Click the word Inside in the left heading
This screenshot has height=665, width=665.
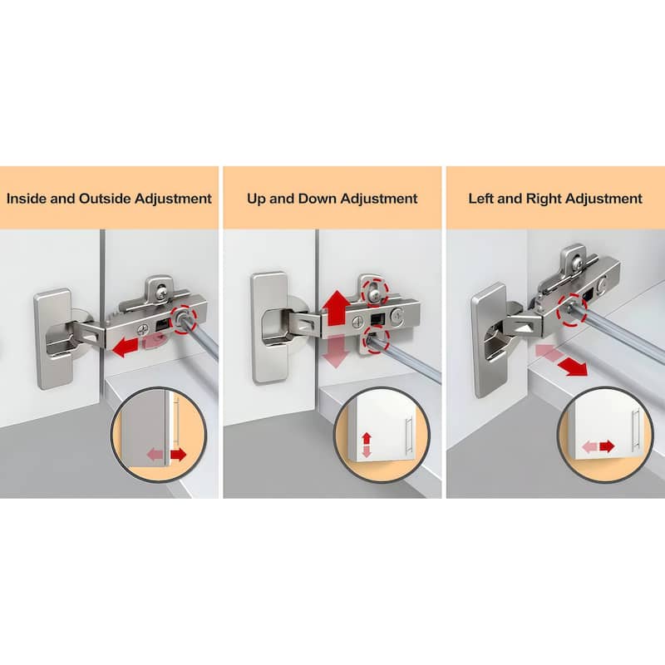tap(27, 199)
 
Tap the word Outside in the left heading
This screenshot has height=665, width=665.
tap(106, 199)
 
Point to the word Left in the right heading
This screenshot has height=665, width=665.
tap(481, 199)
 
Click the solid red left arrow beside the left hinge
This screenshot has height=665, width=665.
tap(126, 347)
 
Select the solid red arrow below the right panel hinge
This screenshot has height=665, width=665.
tap(573, 367)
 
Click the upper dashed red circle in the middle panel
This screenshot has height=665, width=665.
tap(374, 292)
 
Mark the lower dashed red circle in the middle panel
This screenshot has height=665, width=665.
tap(377, 339)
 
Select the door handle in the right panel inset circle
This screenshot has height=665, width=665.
tap(635, 430)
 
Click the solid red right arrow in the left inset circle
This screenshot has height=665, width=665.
tap(178, 455)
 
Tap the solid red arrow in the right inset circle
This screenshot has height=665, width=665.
tap(607, 446)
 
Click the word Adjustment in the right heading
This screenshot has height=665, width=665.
tap(604, 199)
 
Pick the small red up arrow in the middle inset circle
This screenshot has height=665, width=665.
tap(367, 439)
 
